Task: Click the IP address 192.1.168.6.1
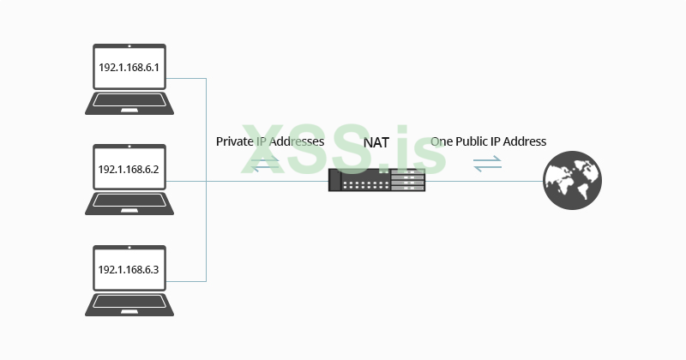tap(129, 66)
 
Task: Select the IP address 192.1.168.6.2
tap(129, 168)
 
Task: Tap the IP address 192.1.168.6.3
tap(129, 269)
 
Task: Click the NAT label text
tap(376, 142)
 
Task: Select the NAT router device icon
tap(376, 180)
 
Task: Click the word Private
tap(233, 141)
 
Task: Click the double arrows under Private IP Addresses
tap(266, 163)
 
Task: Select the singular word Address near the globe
tap(525, 141)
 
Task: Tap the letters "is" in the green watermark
tap(424, 150)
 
